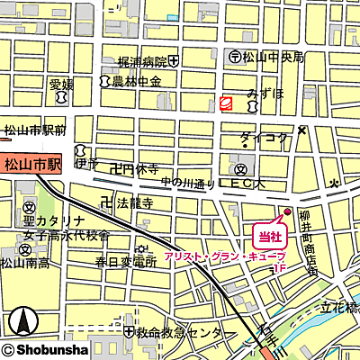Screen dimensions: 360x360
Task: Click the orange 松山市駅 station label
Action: point(31,165)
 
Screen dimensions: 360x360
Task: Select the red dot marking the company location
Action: point(287,212)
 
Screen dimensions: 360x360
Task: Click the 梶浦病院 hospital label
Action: point(142,62)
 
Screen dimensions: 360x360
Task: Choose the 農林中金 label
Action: point(136,82)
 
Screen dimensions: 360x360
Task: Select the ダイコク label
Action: point(264,138)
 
